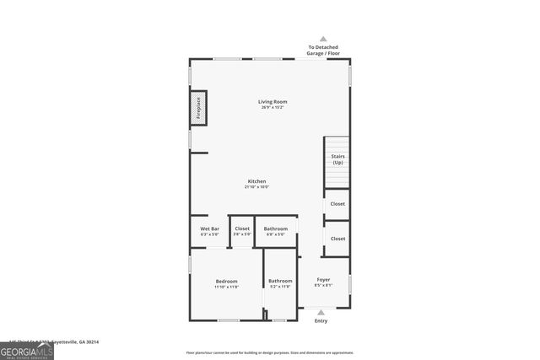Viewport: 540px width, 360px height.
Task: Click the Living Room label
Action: tap(273, 102)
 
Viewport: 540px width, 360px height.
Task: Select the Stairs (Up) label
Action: tap(337, 159)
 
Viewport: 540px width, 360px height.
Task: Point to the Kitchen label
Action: tap(257, 181)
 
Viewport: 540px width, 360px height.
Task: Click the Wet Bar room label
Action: tap(209, 228)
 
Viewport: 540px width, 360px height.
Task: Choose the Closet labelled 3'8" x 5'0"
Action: tap(242, 228)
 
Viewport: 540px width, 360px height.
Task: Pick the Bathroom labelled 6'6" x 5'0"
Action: tap(276, 228)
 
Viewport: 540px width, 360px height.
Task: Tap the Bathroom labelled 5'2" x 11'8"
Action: tap(280, 281)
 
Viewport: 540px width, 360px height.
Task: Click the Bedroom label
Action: tap(226, 281)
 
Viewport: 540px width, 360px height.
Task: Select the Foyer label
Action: tap(323, 279)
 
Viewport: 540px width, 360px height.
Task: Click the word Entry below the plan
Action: tap(321, 320)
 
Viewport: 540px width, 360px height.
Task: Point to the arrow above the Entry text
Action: tap(321, 312)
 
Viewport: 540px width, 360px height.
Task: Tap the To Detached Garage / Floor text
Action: tap(323, 50)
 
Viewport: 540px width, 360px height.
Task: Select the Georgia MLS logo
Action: tap(27, 350)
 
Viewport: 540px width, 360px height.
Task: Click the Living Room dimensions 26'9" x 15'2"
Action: tap(273, 108)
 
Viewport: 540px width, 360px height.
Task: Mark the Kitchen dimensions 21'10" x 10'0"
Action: tap(257, 187)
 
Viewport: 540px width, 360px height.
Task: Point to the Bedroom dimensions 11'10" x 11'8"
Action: tap(226, 287)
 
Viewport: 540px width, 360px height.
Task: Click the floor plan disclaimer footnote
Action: tap(270, 352)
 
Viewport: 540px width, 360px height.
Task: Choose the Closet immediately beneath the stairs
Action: tap(337, 204)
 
